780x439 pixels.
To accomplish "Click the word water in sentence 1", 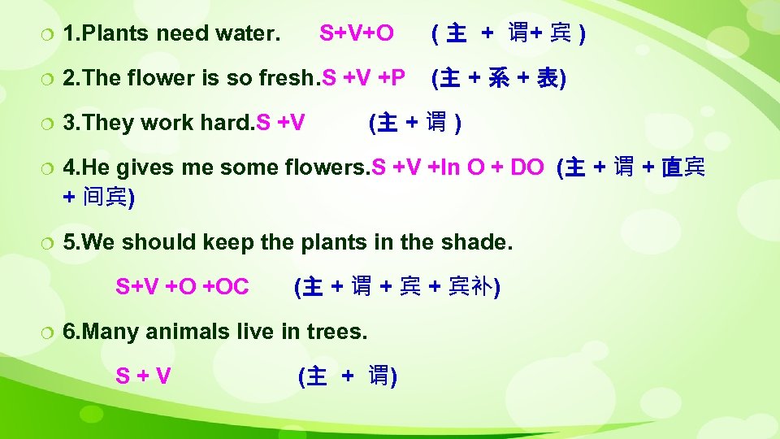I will click(245, 34).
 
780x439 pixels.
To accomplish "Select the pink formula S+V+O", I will click(357, 33).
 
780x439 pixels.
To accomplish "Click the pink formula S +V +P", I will click(364, 78).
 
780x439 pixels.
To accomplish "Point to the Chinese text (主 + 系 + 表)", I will click(500, 78).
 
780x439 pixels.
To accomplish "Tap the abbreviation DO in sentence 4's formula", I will click(527, 168).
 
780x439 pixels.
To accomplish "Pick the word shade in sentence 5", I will click(479, 242).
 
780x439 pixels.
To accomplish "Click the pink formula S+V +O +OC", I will click(182, 287).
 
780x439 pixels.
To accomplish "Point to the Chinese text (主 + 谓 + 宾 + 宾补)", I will click(397, 287).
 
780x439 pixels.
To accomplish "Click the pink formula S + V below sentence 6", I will click(143, 376).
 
